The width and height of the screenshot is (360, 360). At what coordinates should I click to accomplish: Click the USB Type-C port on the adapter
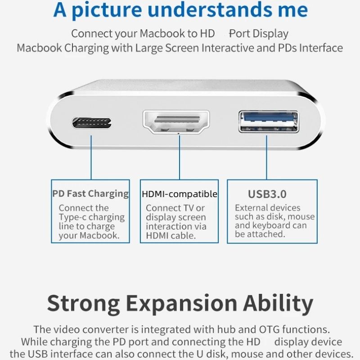92,122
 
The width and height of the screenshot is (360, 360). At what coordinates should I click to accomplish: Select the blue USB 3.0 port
269,121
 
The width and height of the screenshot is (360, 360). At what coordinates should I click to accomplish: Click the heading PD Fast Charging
90,194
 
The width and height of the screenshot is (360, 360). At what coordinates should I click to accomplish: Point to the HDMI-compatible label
179,194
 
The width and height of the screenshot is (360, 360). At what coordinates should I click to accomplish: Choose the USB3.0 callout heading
267,194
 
